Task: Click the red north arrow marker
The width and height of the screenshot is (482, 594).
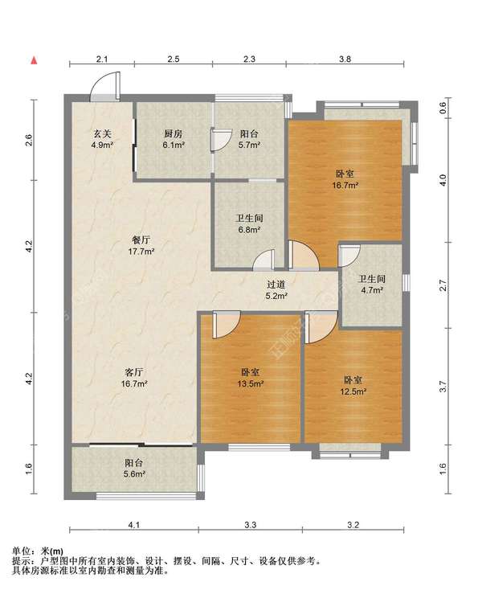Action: [x=34, y=60]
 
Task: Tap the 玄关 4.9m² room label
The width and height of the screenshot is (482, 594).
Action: [x=102, y=139]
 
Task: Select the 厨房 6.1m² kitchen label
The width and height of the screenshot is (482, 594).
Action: [x=174, y=139]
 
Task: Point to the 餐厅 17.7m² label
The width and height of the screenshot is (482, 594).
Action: [x=141, y=245]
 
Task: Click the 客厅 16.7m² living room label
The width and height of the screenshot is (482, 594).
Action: [x=134, y=378]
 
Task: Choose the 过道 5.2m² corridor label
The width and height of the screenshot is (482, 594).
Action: [x=276, y=290]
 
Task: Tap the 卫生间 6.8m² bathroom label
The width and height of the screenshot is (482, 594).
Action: [x=249, y=223]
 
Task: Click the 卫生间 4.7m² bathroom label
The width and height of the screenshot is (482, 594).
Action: [x=371, y=285]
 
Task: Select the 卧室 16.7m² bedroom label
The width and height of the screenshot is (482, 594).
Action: [x=345, y=179]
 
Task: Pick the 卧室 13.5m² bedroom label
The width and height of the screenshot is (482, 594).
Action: [x=251, y=378]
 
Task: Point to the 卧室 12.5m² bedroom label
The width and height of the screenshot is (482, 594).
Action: [x=353, y=386]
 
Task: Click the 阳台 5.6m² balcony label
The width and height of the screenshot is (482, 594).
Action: [x=134, y=469]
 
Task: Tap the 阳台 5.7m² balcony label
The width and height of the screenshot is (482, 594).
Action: [x=249, y=139]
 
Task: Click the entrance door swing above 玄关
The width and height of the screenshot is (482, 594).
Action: [x=105, y=86]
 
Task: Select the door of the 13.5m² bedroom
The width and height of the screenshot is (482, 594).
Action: [x=227, y=325]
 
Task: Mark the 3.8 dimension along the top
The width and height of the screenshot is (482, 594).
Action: [x=345, y=59]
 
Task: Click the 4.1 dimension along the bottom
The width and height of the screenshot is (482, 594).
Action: [x=134, y=525]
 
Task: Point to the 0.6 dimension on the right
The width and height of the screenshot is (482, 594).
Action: [x=443, y=107]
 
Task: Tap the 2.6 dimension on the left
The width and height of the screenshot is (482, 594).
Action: [x=29, y=140]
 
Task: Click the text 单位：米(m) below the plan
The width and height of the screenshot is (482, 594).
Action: [x=38, y=551]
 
